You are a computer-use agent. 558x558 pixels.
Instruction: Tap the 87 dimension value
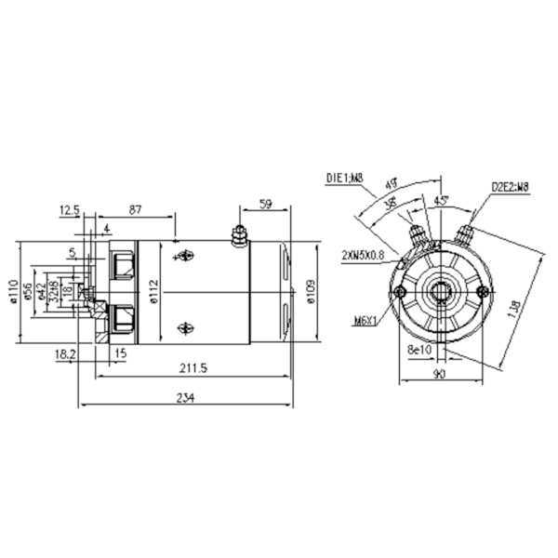click(136, 211)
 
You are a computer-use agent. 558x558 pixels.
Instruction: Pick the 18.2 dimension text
click(66, 353)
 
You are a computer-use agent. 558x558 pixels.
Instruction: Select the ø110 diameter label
click(13, 294)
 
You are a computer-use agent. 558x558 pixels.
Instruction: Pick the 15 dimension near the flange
click(120, 353)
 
